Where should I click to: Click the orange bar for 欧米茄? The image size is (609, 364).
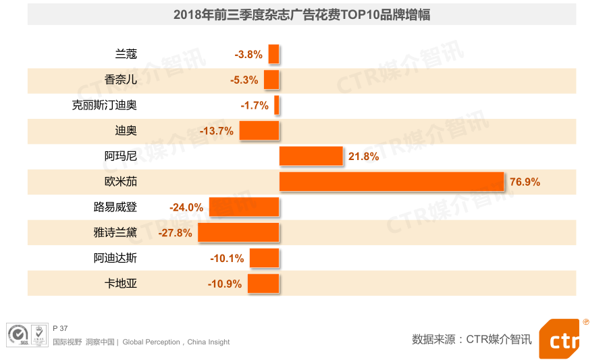coord(392,182)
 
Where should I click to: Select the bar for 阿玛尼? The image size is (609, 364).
coord(311,156)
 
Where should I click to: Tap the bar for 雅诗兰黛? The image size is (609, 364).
coord(238,232)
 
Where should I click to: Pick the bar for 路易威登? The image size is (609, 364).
coord(244,207)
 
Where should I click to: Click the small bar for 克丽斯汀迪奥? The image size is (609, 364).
coord(277,105)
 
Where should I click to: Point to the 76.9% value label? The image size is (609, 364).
coord(525,182)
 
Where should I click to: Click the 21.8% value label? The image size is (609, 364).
coord(363,157)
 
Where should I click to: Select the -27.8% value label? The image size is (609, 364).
coord(176,233)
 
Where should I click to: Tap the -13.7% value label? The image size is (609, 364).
coord(217,131)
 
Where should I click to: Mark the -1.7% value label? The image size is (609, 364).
coord(255,106)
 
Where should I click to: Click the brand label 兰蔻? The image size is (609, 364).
coord(126,54)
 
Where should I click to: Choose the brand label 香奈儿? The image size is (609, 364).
coord(121,80)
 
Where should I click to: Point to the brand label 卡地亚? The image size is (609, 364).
coord(121,284)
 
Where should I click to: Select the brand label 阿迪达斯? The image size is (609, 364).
coord(115,258)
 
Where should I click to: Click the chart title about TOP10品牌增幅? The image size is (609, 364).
coord(302,14)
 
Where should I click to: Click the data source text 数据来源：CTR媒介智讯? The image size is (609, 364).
coord(472,339)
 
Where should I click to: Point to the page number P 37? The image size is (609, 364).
coord(60,328)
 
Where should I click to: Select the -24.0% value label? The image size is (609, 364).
coord(187,207)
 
